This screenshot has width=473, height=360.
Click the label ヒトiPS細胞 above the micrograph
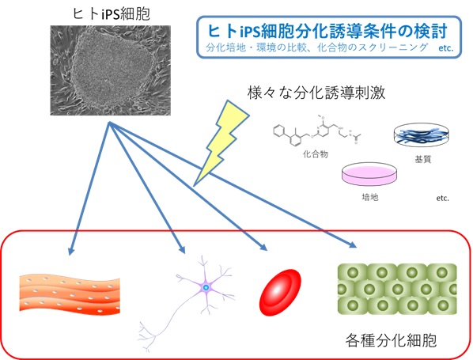click(x=112, y=14)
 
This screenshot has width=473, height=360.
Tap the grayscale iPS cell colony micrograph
click(x=111, y=70)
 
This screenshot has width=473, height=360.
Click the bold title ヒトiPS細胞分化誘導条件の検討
click(x=327, y=31)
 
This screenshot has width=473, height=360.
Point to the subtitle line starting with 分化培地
click(x=330, y=47)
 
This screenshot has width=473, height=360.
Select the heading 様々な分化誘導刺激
click(x=316, y=93)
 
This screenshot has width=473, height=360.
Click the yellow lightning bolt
click(x=221, y=142)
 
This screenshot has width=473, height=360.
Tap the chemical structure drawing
click(x=317, y=130)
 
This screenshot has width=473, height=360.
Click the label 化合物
click(x=316, y=154)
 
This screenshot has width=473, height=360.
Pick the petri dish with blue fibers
click(x=422, y=135)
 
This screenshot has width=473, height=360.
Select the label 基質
click(x=422, y=159)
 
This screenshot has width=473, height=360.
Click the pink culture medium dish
click(x=369, y=174)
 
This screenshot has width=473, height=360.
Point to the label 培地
click(x=370, y=197)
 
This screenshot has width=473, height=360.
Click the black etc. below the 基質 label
click(x=442, y=199)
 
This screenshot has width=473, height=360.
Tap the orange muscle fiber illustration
click(x=70, y=294)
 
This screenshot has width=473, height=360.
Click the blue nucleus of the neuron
click(x=206, y=287)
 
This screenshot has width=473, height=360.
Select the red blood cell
click(x=280, y=293)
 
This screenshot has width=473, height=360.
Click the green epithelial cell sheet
click(x=397, y=289)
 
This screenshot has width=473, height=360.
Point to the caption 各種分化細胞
click(x=391, y=340)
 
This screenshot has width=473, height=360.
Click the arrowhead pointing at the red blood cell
click(x=263, y=247)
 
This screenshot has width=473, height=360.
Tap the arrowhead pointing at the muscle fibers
click(x=70, y=251)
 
